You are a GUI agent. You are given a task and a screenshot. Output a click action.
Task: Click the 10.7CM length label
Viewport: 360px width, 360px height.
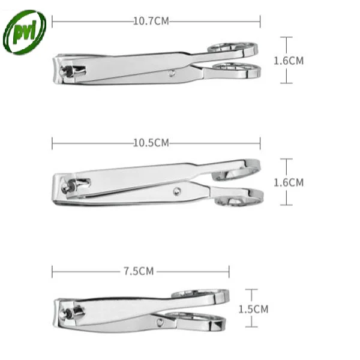[x=151, y=21]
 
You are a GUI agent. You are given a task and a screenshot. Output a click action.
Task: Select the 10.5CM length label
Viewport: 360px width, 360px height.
[x=151, y=143]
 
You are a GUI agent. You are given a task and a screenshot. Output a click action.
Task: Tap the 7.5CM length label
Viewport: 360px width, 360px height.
[x=139, y=271]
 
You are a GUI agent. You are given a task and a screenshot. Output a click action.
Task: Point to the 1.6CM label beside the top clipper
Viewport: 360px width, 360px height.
[x=288, y=61]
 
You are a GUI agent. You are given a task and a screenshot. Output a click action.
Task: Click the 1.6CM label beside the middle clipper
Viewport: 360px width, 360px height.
[x=288, y=182]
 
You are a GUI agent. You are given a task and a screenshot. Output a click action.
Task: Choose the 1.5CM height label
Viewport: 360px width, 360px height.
[x=253, y=309]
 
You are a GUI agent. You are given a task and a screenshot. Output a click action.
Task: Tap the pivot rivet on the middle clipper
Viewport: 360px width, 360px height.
[x=177, y=192]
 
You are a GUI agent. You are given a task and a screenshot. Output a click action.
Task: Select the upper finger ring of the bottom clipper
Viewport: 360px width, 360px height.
[x=201, y=294]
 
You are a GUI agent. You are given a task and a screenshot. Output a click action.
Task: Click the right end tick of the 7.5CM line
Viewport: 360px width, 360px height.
[x=229, y=271]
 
